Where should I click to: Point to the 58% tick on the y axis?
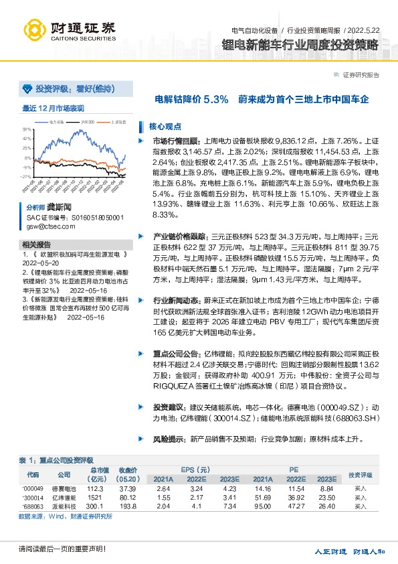(27, 129)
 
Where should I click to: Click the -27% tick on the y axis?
(27, 177)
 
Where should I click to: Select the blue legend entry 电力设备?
(58, 122)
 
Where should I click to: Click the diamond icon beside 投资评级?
(27, 88)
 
